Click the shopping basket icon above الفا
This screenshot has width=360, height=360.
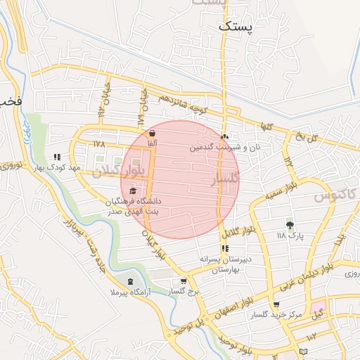click(x=152, y=132)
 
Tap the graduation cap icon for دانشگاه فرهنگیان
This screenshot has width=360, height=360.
click(x=133, y=191)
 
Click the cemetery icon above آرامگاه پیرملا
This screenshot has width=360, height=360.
click(x=130, y=281)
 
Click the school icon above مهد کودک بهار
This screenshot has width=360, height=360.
click(x=57, y=157)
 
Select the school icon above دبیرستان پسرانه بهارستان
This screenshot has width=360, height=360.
click(x=225, y=248)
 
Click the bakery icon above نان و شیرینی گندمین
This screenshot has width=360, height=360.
click(x=225, y=136)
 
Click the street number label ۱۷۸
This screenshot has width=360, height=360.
click(x=98, y=143)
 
